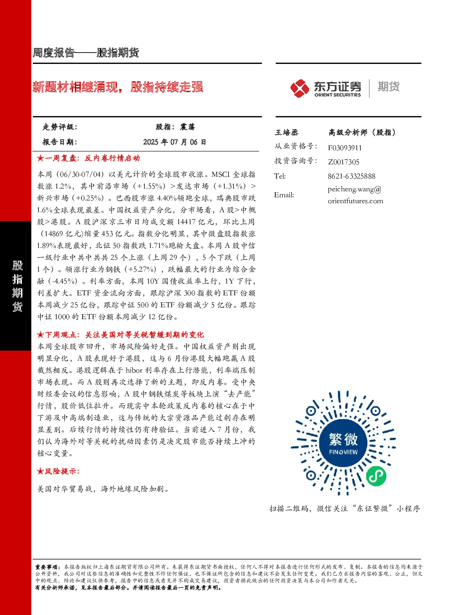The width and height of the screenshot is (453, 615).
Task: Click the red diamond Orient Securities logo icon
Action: (x=300, y=88)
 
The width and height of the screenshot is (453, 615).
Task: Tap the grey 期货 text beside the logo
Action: (x=389, y=86)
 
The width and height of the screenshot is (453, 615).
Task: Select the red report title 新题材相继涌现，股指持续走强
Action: (x=118, y=87)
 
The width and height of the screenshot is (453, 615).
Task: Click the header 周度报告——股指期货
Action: (x=86, y=53)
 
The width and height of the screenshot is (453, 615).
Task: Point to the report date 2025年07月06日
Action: (x=174, y=142)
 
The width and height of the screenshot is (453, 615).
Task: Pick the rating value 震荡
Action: (x=187, y=127)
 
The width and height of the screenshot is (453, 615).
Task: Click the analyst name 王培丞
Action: (x=286, y=132)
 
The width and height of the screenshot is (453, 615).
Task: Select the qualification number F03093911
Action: (x=345, y=148)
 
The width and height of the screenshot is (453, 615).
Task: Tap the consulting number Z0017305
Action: (x=343, y=162)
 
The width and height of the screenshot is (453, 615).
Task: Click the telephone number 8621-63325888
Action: (x=352, y=176)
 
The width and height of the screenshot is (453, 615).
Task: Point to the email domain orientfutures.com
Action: (x=355, y=201)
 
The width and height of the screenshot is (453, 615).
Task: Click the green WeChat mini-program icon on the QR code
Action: (x=376, y=476)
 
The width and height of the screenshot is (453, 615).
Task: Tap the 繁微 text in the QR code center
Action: (x=343, y=439)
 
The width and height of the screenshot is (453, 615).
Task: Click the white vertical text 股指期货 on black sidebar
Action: (x=17, y=286)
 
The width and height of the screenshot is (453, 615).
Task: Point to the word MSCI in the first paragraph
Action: (x=221, y=174)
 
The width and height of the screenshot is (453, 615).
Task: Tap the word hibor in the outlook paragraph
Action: (x=134, y=370)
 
